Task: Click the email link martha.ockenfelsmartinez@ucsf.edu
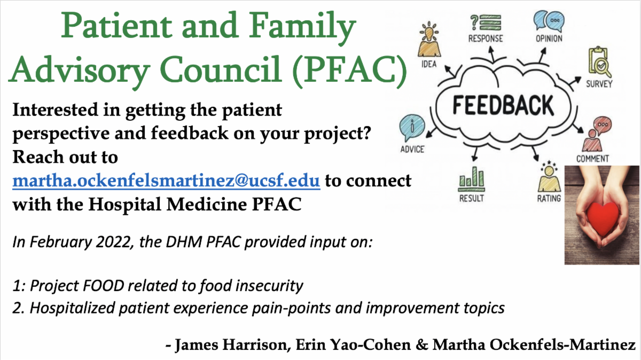(x=166, y=181)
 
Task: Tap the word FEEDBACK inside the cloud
(x=503, y=105)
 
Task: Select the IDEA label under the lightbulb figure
(x=429, y=64)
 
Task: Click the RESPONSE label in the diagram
(x=486, y=38)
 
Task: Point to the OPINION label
(x=549, y=38)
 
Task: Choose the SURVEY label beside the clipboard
(x=599, y=84)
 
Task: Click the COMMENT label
(x=592, y=159)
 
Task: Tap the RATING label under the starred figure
(x=549, y=198)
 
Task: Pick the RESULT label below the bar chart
(x=472, y=198)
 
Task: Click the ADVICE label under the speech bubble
(x=412, y=150)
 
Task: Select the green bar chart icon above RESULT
(x=472, y=179)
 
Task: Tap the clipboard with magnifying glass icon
(x=599, y=61)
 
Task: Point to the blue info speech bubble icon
(x=412, y=128)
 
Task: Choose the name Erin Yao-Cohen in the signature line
(x=354, y=345)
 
